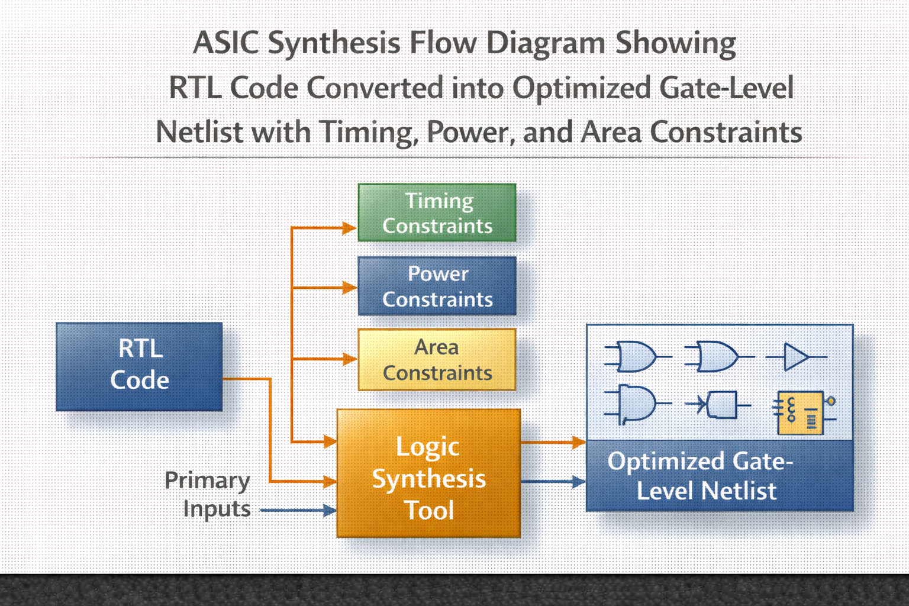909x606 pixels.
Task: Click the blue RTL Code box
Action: coord(139,366)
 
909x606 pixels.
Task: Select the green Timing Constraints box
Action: coord(437,212)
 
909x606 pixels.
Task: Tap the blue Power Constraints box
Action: coord(437,286)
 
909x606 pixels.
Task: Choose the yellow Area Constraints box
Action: coord(437,359)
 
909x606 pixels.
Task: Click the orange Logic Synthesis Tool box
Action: coord(428,473)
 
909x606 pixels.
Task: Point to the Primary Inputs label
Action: coord(207,495)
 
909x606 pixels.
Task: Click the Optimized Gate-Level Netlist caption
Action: coord(700,476)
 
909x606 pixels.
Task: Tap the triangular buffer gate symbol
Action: coord(796,357)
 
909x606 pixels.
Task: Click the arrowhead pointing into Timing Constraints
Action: coord(350,228)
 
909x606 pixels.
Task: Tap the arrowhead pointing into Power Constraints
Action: coord(350,288)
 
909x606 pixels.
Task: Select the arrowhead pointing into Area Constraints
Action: coord(350,359)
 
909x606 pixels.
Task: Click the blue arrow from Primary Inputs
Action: coord(298,510)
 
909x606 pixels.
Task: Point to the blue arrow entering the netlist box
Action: coord(553,482)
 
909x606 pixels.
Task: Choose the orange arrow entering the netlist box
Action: coord(553,442)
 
